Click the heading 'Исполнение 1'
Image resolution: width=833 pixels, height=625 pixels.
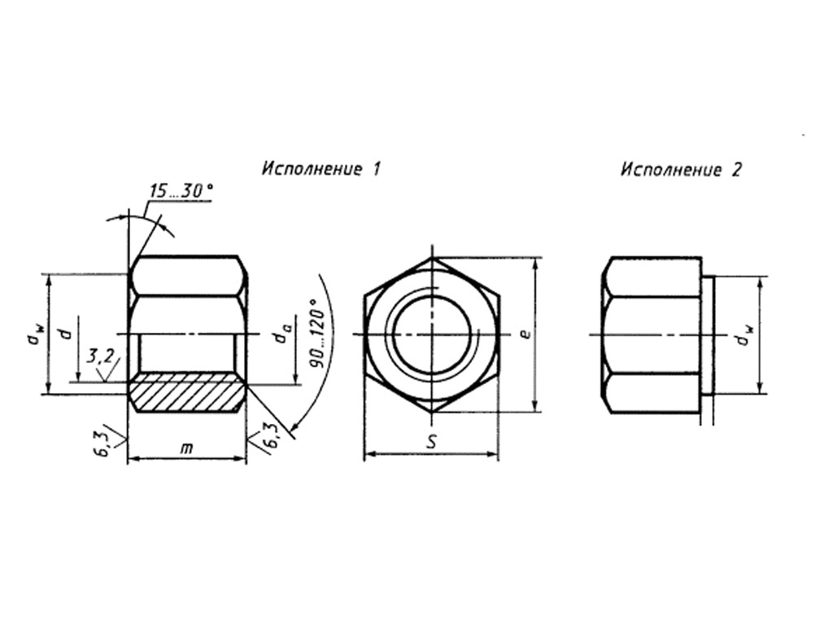pos(321,169)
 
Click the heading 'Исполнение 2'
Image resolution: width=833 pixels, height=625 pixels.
pos(681,170)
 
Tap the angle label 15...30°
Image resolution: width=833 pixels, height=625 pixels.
pos(181,190)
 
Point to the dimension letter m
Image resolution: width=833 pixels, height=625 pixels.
pos(186,448)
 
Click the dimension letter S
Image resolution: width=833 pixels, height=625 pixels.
pos(433,442)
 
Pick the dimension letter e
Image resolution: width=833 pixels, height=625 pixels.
pos(525,334)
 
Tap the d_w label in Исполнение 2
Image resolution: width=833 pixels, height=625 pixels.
pos(746,335)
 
